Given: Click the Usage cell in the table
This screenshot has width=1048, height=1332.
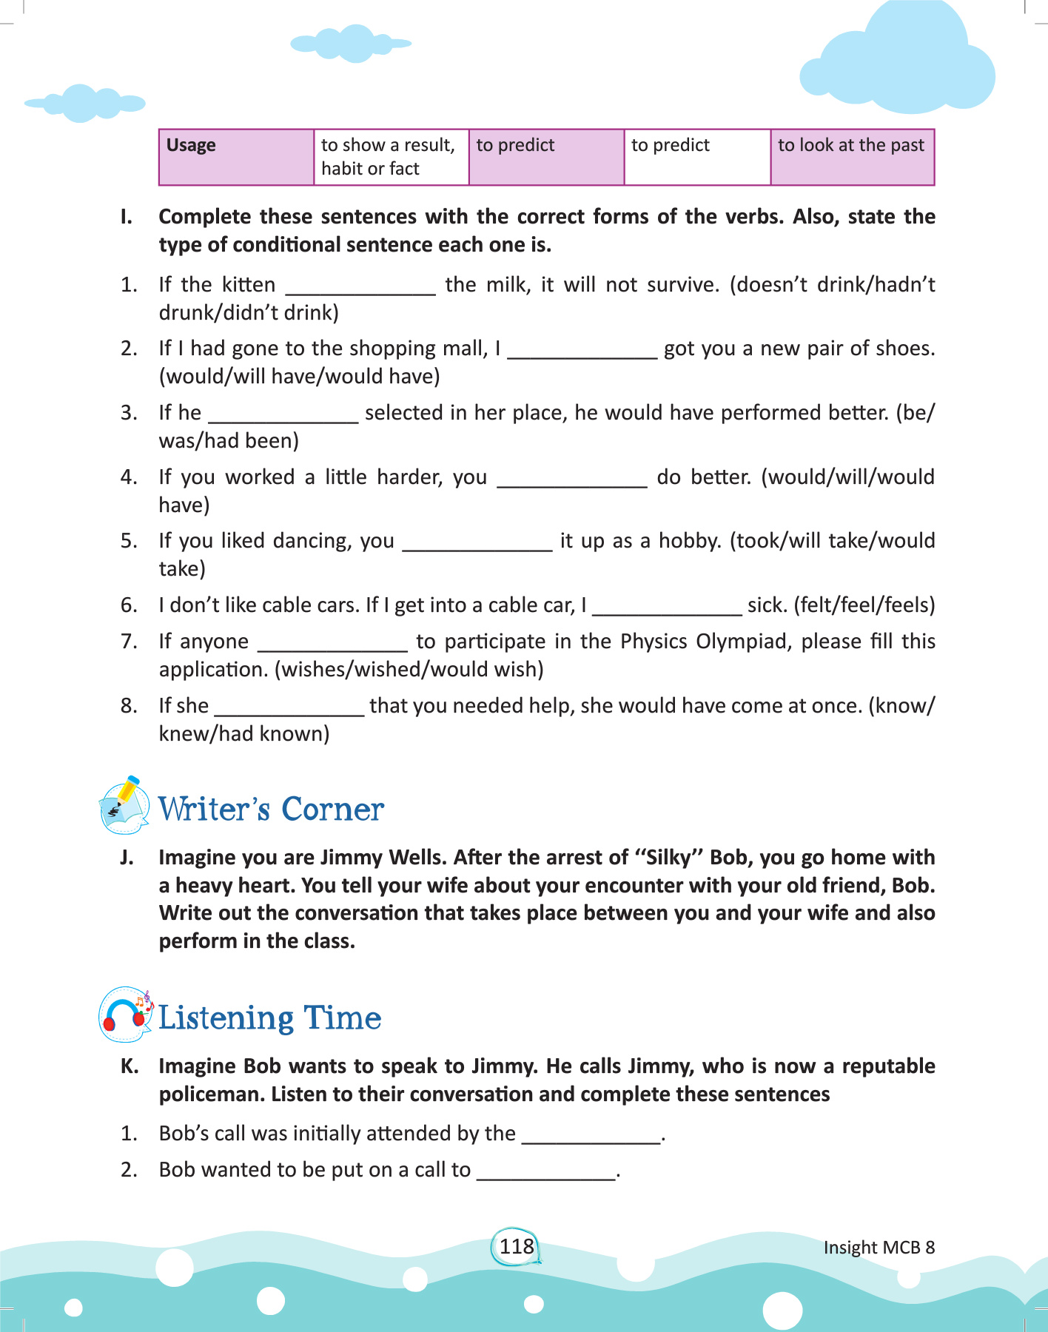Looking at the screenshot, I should (x=236, y=157).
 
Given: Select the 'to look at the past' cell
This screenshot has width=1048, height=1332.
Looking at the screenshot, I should (x=851, y=156).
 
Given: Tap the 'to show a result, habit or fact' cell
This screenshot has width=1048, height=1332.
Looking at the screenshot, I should (x=391, y=157).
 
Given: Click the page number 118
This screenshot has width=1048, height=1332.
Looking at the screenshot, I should (x=517, y=1246).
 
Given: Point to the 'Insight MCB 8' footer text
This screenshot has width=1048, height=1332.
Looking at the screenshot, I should (x=879, y=1248).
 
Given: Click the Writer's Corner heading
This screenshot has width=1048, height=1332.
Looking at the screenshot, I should (x=271, y=809).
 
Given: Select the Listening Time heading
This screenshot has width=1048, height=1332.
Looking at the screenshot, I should (x=269, y=1017).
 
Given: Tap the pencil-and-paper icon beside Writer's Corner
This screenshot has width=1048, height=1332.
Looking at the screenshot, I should (x=124, y=806).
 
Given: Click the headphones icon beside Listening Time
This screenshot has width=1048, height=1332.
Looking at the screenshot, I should (x=124, y=1015).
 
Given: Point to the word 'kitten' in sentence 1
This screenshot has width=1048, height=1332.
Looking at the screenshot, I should (x=249, y=285).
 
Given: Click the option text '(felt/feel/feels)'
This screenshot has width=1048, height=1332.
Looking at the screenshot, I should (x=864, y=605).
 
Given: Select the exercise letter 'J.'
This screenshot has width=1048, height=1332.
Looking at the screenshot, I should (x=127, y=858).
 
